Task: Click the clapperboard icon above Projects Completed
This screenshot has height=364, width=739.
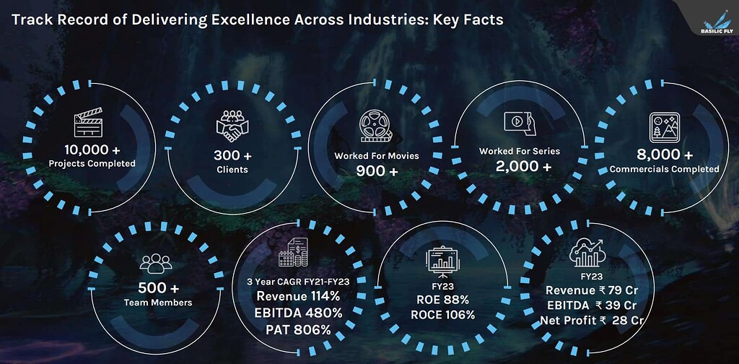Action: pyautogui.click(x=88, y=122)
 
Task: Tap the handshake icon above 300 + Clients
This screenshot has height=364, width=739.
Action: pyautogui.click(x=232, y=126)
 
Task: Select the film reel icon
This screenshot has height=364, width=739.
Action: pyautogui.click(x=375, y=126)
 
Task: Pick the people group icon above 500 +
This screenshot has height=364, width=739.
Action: pyautogui.click(x=156, y=264)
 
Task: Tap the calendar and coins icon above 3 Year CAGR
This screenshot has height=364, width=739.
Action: pyautogui.click(x=293, y=252)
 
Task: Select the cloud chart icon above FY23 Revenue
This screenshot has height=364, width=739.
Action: pyautogui.click(x=587, y=253)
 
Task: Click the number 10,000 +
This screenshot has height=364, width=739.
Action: pyautogui.click(x=92, y=150)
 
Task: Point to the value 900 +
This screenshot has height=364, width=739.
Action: pyautogui.click(x=377, y=171)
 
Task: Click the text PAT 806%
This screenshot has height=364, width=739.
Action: pyautogui.click(x=298, y=329)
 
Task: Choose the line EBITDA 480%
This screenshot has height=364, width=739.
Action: pyautogui.click(x=298, y=313)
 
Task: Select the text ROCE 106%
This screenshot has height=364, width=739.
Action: pyautogui.click(x=442, y=315)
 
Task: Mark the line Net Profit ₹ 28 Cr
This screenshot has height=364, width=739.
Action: pyautogui.click(x=592, y=320)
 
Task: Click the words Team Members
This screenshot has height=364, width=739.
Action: pyautogui.click(x=158, y=303)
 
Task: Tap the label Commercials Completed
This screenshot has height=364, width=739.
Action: pyautogui.click(x=665, y=169)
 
